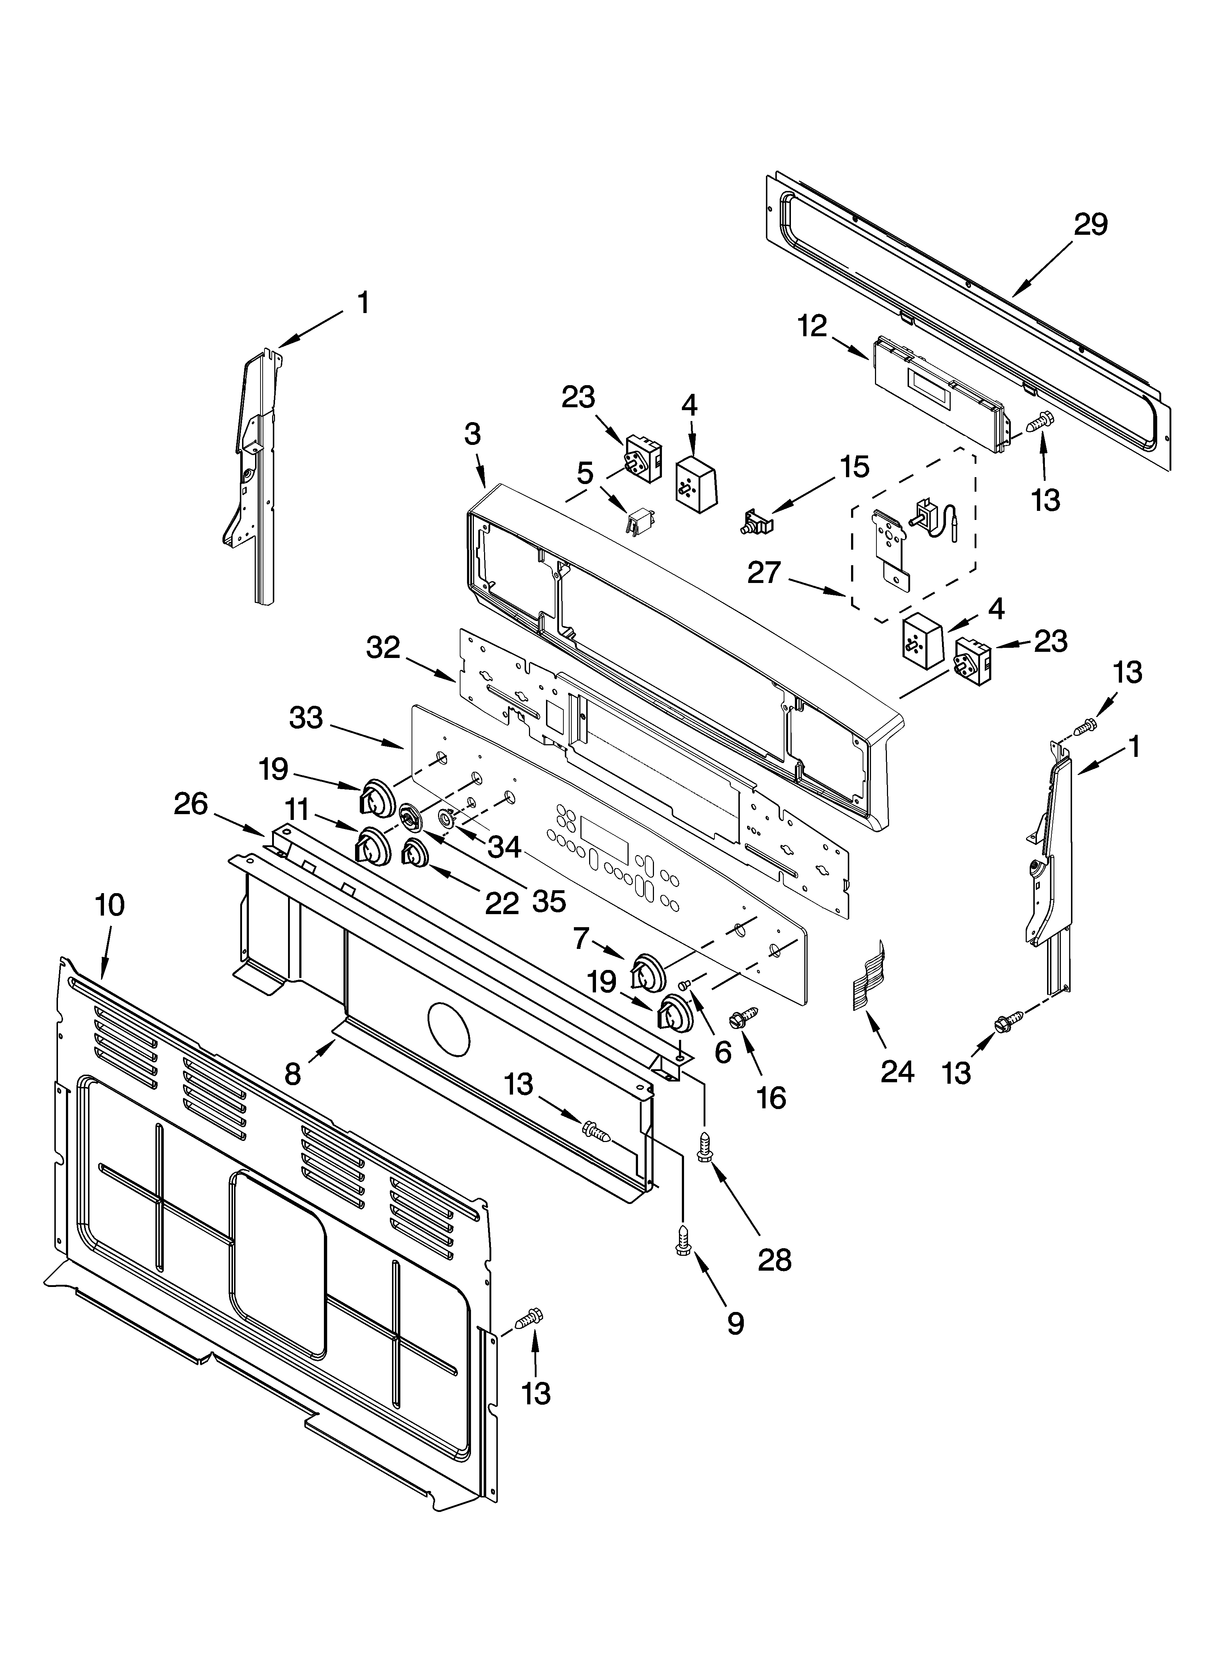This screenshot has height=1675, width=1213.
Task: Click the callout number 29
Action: point(1091,225)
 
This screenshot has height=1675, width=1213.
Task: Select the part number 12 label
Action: point(813,326)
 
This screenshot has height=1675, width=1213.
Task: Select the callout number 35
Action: point(549,901)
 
